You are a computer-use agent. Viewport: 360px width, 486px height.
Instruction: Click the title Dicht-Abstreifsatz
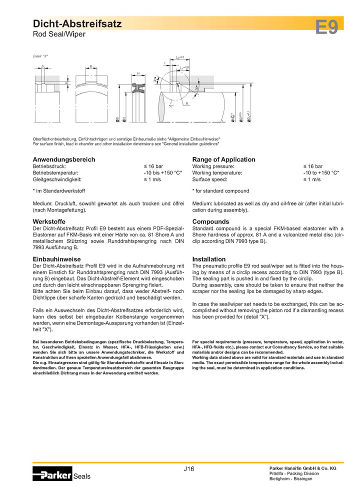click(76, 23)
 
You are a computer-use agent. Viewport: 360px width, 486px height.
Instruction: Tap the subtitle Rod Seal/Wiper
click(59, 34)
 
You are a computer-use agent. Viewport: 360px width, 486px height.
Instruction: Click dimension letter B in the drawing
click(90, 65)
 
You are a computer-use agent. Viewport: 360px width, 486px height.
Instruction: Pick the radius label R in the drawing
click(185, 104)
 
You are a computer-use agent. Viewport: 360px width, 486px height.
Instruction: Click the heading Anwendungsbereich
click(63, 159)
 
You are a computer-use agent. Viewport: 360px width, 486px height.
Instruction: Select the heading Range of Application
click(223, 159)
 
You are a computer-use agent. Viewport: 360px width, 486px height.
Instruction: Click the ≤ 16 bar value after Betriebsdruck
click(153, 166)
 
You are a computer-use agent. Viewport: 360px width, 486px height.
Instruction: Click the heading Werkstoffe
click(49, 221)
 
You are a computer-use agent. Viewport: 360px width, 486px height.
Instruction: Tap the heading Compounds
click(210, 221)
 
